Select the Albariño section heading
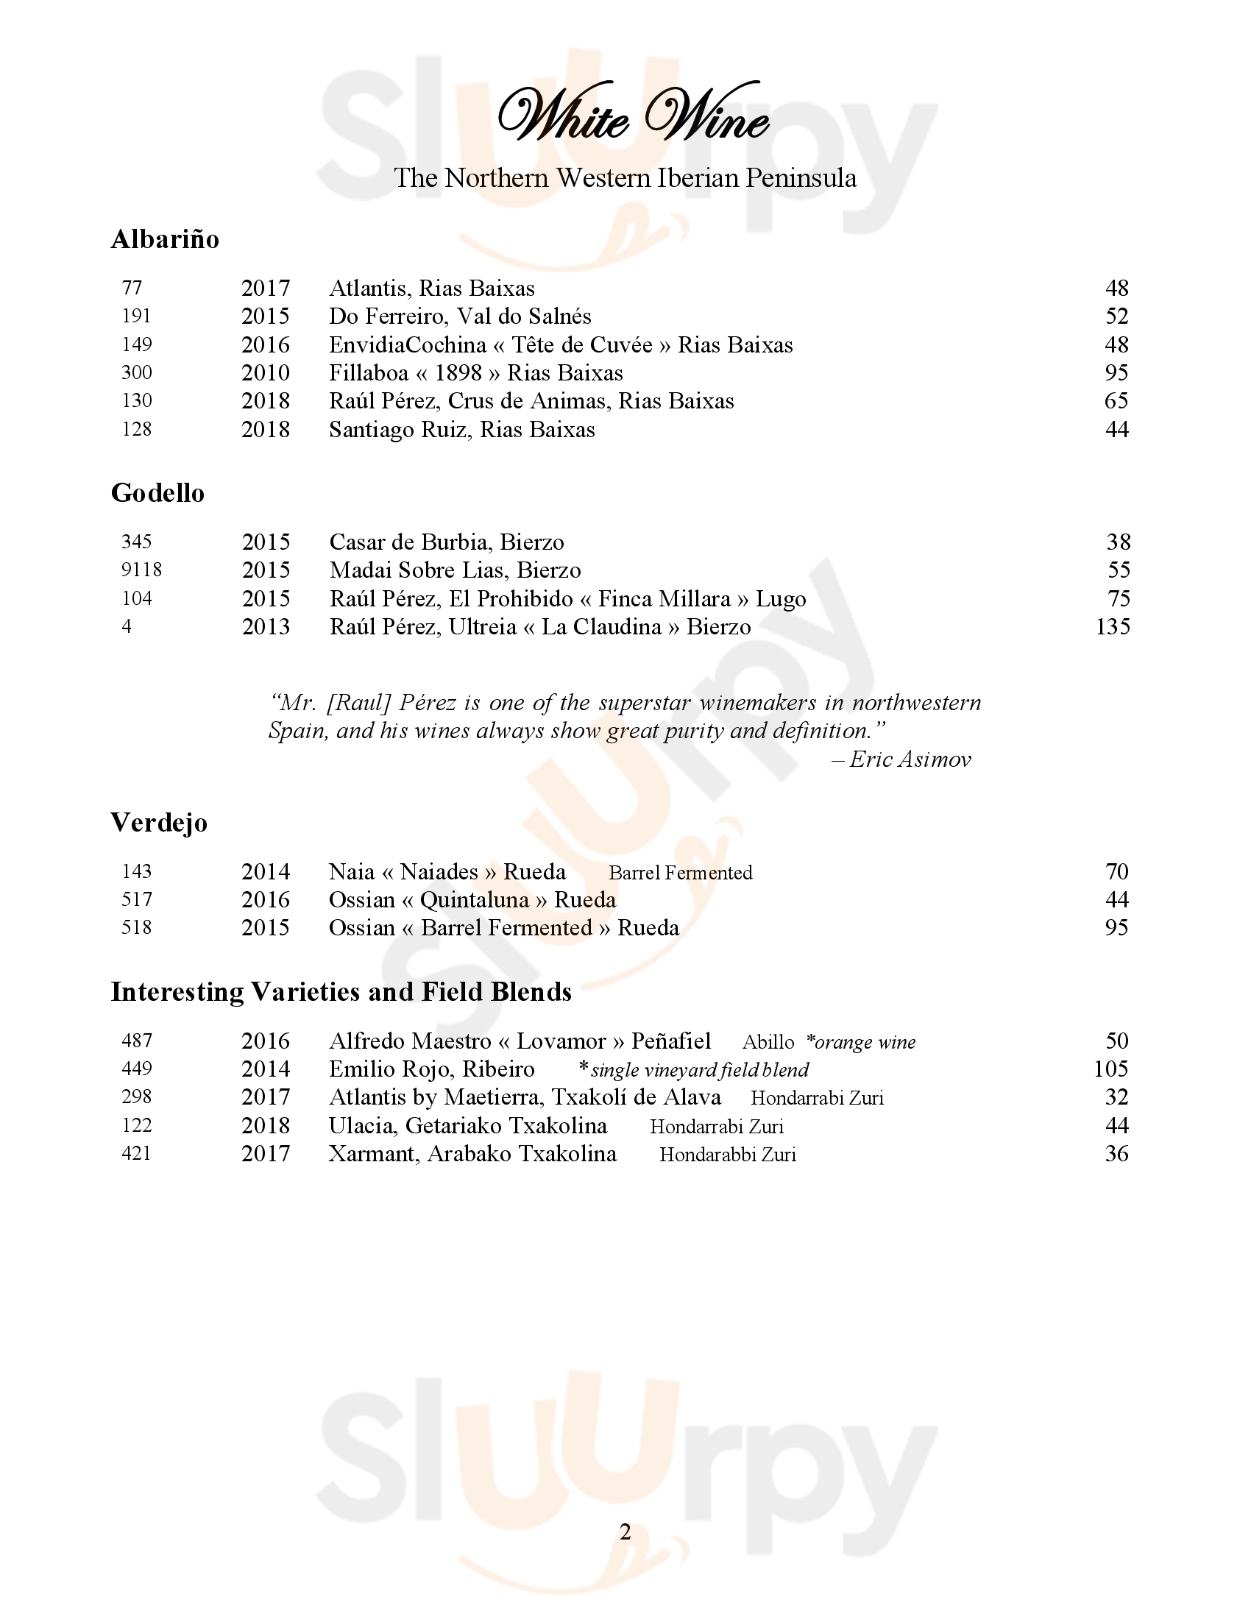(x=165, y=239)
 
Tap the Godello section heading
(x=157, y=493)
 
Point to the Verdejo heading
(x=159, y=823)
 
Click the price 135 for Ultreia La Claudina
(x=1113, y=627)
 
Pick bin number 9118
(x=141, y=570)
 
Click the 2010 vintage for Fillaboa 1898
(x=266, y=373)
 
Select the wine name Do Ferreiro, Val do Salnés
(x=460, y=316)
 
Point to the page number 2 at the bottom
(x=625, y=1532)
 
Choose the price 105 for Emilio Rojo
(x=1111, y=1069)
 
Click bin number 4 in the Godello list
(x=127, y=627)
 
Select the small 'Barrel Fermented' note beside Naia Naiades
(x=681, y=874)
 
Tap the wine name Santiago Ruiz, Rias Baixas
(x=461, y=430)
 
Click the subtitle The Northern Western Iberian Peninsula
(x=625, y=178)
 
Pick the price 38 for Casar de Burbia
(x=1119, y=542)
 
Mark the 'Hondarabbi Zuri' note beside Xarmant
(x=728, y=1155)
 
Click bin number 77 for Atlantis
(x=132, y=288)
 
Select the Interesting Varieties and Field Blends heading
(x=341, y=992)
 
